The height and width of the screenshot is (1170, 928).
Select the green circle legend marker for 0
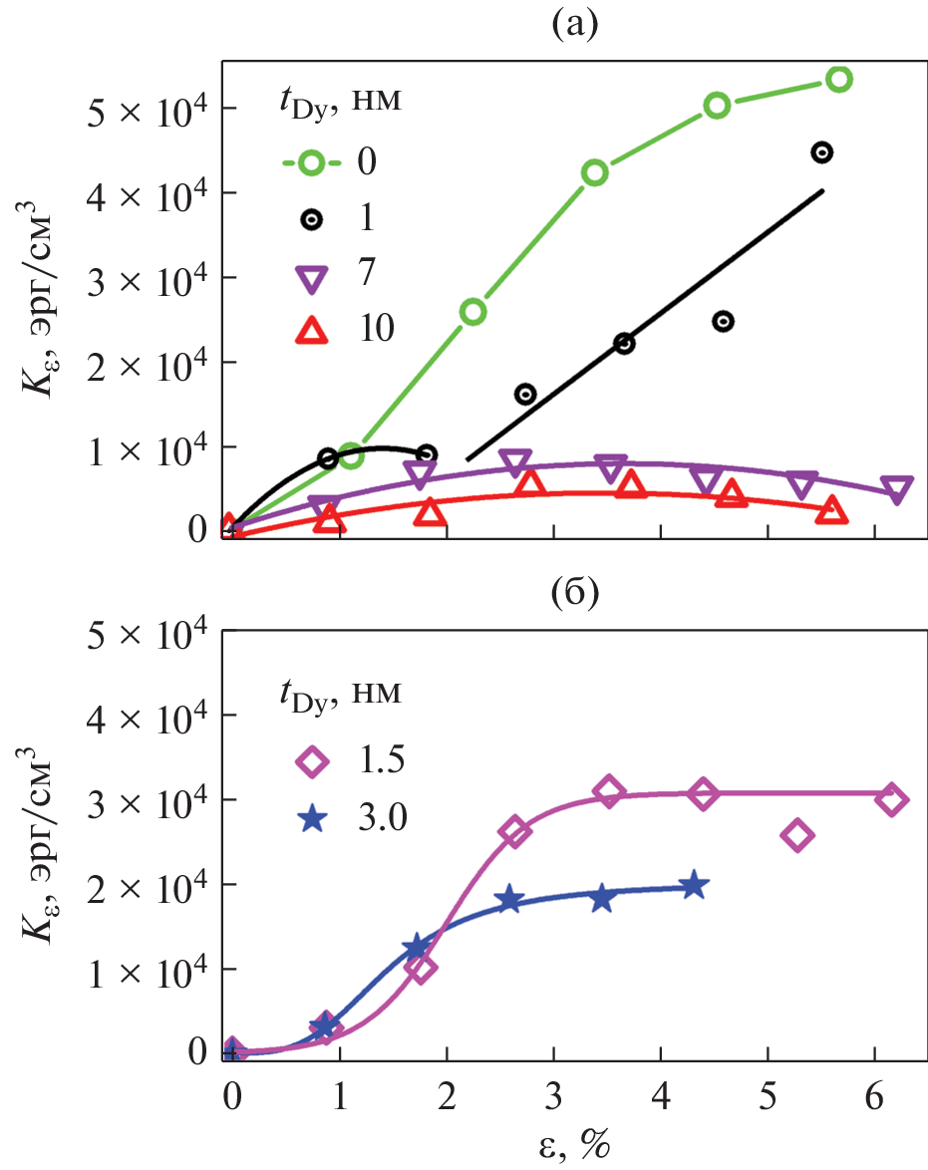312,160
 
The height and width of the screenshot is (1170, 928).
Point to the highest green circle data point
838,80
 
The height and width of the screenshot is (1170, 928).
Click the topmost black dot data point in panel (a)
821,152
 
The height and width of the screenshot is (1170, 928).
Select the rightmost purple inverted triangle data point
896,488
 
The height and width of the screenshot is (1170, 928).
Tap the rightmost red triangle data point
831,511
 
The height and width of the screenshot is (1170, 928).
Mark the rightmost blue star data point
694,885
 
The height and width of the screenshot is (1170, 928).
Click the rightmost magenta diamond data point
891,799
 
